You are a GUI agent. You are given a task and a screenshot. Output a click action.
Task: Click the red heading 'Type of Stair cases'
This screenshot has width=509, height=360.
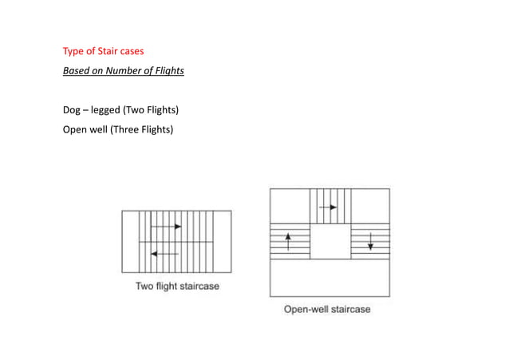103,52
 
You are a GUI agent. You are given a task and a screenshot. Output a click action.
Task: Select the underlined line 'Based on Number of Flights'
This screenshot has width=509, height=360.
123,72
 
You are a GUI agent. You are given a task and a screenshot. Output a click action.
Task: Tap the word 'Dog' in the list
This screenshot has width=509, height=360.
73,109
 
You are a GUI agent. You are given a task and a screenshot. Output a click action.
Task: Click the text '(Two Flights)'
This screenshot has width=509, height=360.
148,109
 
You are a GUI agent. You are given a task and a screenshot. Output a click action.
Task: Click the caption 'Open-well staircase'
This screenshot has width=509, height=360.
327,309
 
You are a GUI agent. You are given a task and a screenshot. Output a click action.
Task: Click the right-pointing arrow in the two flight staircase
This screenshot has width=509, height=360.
166,227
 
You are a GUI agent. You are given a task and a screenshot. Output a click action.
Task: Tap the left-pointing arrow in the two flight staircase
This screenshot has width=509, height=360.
165,254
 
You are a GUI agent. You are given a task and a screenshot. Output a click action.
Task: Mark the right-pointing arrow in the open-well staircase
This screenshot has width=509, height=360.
328,207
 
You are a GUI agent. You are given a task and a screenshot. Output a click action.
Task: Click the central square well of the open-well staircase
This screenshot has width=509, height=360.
330,240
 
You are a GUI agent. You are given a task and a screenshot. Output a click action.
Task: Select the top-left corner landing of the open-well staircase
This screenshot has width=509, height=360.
290,205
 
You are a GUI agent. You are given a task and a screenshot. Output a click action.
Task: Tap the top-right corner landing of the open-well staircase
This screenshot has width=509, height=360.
371,205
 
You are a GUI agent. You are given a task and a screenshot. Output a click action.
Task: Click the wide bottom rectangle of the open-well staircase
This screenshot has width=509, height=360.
329,278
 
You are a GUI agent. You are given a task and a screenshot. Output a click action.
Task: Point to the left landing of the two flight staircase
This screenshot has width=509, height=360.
130,241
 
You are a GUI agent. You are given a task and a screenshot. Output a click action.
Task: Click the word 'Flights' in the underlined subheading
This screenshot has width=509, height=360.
168,72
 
